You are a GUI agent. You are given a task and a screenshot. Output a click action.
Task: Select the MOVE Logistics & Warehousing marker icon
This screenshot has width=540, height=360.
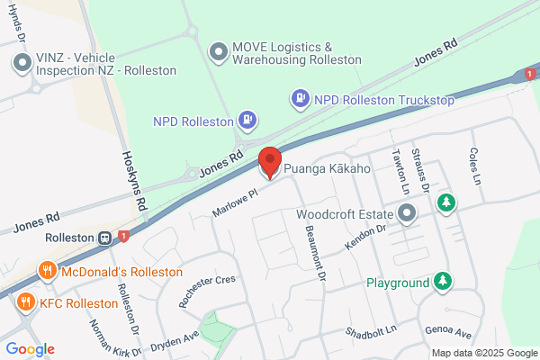pos(217,53)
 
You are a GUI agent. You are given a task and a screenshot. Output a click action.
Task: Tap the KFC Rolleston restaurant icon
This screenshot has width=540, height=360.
pos(25,302)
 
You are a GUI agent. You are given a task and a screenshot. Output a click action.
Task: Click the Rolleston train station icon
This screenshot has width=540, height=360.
pos(105,238)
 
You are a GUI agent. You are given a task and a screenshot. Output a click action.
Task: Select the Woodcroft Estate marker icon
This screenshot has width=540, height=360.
pos(407,215)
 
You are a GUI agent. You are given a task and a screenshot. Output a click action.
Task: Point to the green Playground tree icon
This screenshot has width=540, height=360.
pos(442,283)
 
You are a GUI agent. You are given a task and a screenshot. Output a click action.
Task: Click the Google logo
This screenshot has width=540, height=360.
pos(30,349)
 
